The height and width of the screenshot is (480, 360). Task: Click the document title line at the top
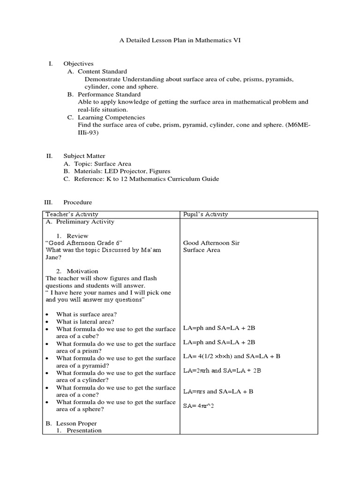(180, 41)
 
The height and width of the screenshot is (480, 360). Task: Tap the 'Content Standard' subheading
(102, 71)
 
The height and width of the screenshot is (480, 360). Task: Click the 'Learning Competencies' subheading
(111, 117)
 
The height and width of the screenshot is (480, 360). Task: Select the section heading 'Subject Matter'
(84, 156)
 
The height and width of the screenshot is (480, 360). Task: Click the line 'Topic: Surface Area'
(103, 164)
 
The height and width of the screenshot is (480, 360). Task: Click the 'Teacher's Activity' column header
(72, 214)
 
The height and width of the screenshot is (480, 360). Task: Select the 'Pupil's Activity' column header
(205, 214)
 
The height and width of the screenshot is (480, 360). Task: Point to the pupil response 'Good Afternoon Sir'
(211, 243)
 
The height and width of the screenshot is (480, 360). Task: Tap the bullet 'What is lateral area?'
(85, 322)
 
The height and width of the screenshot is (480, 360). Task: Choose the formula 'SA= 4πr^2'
(199, 405)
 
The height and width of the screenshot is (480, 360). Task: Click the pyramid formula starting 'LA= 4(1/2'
(232, 356)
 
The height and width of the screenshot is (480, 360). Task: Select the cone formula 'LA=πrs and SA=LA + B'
(218, 391)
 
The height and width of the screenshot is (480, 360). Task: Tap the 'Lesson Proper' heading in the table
(74, 423)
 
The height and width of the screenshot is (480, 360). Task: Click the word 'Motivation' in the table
(82, 271)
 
